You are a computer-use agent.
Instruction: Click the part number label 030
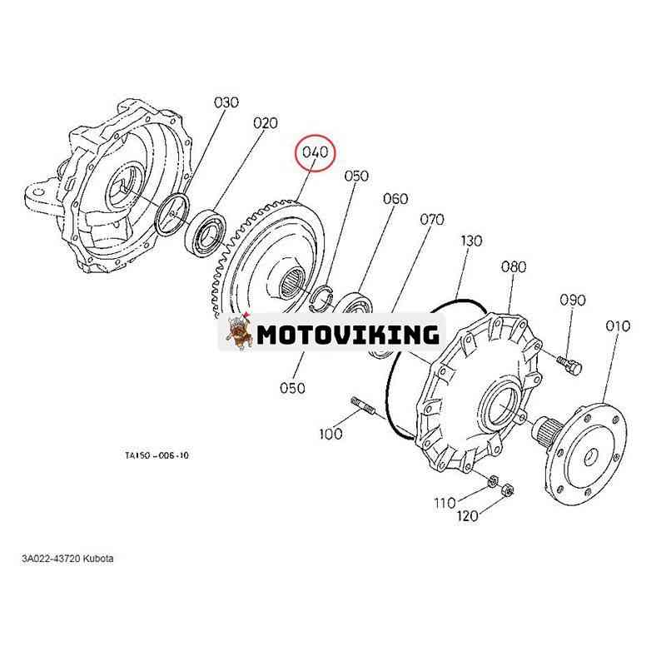(226, 102)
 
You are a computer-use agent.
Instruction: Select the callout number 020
(266, 123)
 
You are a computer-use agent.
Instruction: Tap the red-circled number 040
(316, 153)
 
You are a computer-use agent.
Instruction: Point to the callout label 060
(395, 199)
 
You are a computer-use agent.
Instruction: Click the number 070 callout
(431, 220)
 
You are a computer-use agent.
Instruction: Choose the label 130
(471, 241)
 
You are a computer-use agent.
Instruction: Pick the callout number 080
(514, 267)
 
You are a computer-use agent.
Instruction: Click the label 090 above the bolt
(572, 300)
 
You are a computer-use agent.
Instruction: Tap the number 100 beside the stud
(331, 434)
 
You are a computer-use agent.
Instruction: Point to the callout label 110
(445, 502)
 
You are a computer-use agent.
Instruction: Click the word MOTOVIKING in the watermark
(347, 334)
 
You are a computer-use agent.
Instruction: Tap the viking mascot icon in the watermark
(239, 333)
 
